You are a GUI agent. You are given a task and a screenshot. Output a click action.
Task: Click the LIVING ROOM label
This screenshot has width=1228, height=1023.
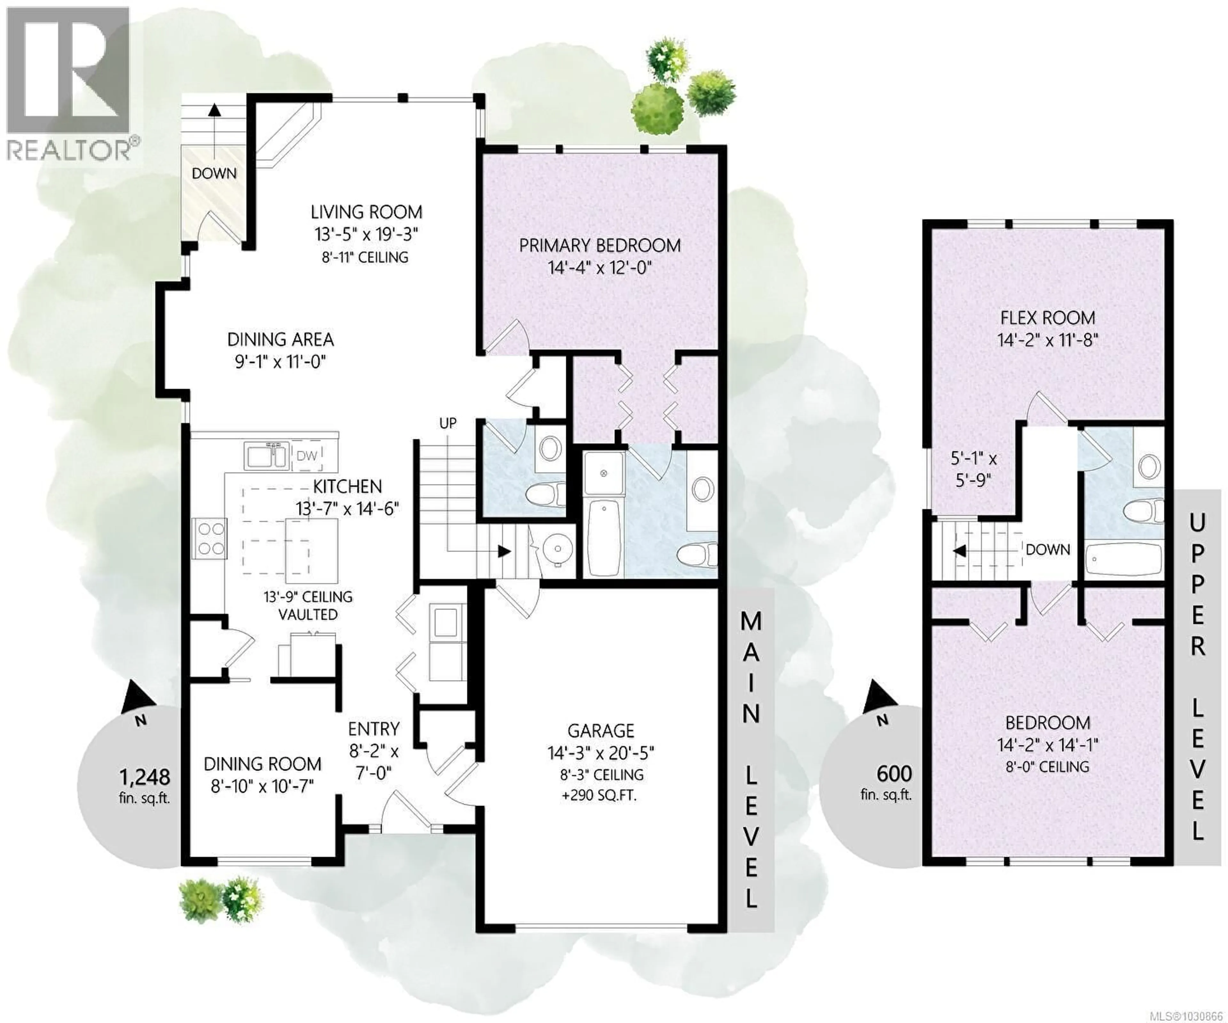click(x=366, y=212)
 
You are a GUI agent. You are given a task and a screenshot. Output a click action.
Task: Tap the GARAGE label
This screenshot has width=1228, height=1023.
click(x=601, y=731)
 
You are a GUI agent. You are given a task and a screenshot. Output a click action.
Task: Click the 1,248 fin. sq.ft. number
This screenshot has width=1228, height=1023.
click(x=145, y=777)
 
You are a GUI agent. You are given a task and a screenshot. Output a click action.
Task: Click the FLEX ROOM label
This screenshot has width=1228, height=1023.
click(x=1047, y=318)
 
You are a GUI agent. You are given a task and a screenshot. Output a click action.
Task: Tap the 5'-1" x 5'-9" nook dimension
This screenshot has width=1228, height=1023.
click(x=974, y=469)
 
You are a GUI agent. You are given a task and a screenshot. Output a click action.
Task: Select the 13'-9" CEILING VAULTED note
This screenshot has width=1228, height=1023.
click(x=308, y=605)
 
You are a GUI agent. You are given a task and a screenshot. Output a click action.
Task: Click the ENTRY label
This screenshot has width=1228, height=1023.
click(x=374, y=729)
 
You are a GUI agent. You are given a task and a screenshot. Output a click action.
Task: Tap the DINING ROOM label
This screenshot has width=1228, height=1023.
click(x=263, y=764)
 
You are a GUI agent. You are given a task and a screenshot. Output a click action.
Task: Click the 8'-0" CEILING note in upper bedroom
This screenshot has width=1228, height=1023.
click(x=1047, y=766)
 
